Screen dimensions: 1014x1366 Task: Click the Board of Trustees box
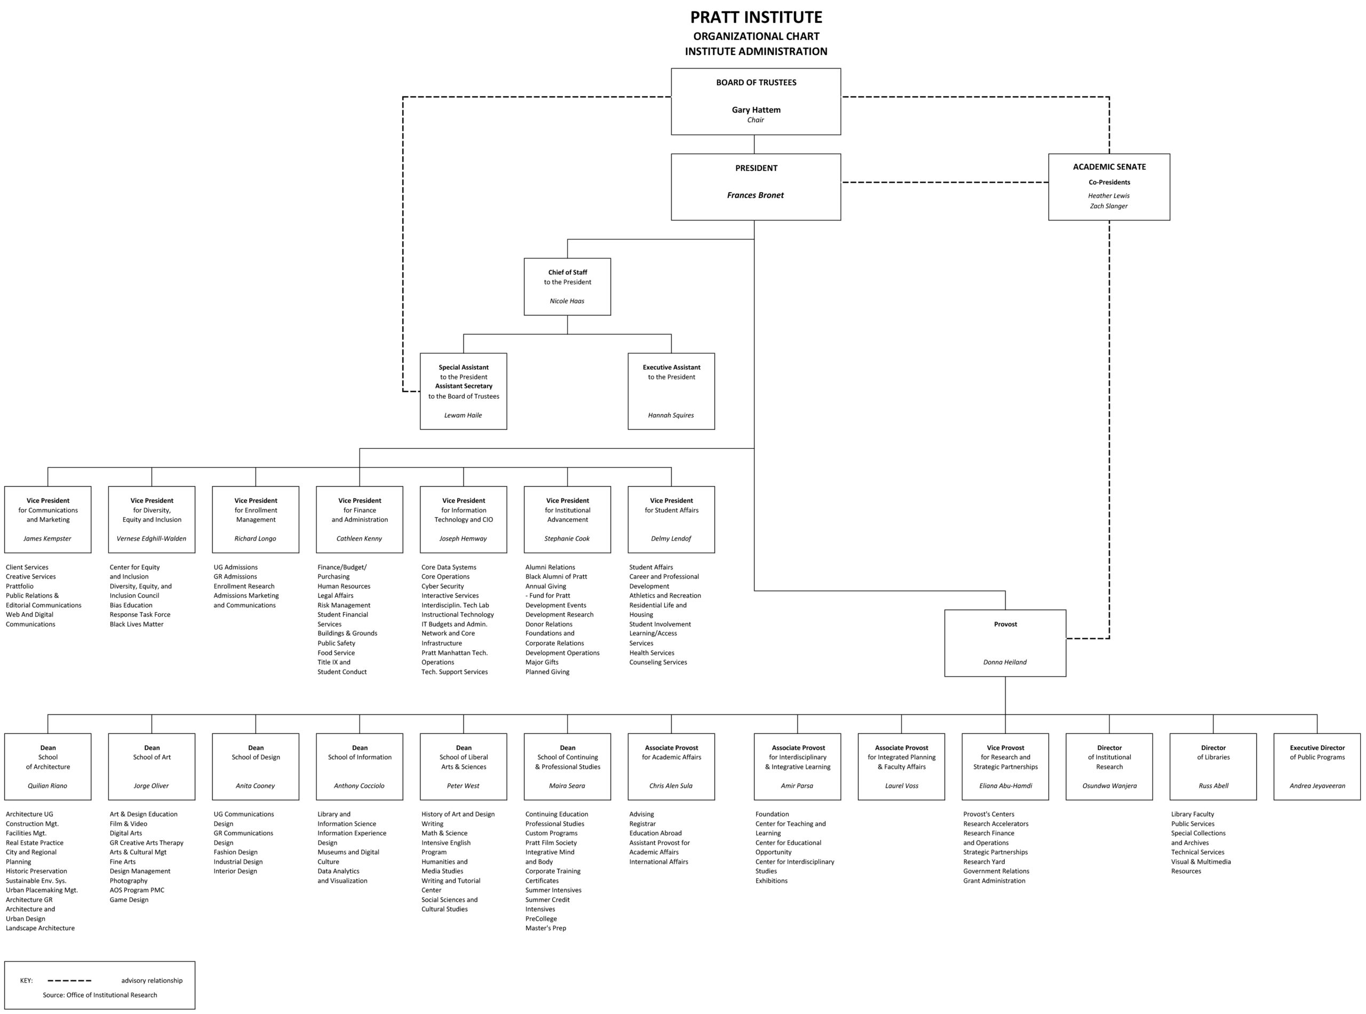[x=756, y=101]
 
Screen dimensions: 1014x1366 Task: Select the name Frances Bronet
[x=755, y=195]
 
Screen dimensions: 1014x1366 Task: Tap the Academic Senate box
[x=1108, y=187]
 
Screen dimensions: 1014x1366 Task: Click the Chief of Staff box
[x=567, y=287]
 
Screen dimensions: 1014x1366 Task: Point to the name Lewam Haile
[x=463, y=416]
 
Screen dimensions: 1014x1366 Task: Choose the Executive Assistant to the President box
[x=671, y=391]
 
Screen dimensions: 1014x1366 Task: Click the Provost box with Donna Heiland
[x=1005, y=643]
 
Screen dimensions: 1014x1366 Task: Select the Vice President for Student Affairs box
[x=671, y=519]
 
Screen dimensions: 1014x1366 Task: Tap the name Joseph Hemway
[x=463, y=539]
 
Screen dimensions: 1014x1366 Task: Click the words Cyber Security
[x=442, y=586]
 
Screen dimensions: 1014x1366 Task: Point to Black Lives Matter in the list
[x=136, y=624]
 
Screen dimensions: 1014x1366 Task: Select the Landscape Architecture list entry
[x=40, y=928]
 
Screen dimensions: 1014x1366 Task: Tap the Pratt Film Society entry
[x=551, y=843]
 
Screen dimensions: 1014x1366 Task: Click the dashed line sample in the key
[x=69, y=981]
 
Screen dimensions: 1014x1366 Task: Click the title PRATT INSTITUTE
[x=756, y=17]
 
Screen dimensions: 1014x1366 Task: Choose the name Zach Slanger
[x=1108, y=206]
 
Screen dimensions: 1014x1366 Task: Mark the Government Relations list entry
[x=995, y=871]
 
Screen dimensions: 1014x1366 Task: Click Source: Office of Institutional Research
[x=99, y=995]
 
